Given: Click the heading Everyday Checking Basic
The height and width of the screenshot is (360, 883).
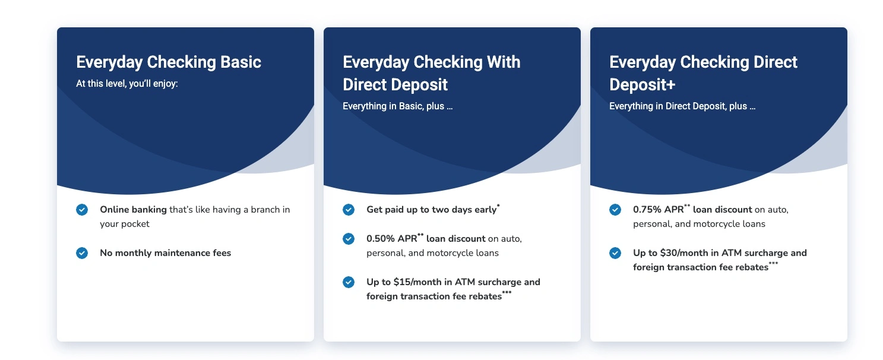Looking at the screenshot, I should point(169,62).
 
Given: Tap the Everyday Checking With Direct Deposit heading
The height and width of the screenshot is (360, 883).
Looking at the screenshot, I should point(431,73).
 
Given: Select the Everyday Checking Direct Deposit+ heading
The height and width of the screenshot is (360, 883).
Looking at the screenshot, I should point(703,73).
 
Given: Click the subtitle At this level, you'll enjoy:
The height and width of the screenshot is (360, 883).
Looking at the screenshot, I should point(127,84).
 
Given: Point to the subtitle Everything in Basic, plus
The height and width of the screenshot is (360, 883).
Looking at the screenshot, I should point(397,106).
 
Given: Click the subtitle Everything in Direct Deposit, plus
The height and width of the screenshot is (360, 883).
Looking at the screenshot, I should point(682,106).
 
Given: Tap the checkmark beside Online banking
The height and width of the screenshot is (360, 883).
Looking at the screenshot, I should point(82,210).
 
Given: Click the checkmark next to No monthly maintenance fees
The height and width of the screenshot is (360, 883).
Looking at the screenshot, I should point(82,253).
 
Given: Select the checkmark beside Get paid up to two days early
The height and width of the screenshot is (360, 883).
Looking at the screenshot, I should point(349,210).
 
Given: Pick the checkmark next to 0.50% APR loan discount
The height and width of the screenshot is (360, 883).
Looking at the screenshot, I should point(349,239).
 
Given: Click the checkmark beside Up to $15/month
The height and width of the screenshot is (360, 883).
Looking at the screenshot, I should point(349,282).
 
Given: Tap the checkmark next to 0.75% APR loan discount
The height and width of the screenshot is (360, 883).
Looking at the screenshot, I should point(615,210).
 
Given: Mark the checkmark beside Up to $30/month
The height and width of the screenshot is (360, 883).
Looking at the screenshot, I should point(615,253).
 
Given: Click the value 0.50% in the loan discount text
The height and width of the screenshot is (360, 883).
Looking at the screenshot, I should point(380,239).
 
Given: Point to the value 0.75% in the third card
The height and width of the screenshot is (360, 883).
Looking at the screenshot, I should point(647,210).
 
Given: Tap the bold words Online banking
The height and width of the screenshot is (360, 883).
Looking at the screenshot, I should point(133,210).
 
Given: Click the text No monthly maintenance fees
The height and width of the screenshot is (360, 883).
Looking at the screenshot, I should point(165,253).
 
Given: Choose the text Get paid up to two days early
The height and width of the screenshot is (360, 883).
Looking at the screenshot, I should point(431,210).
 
